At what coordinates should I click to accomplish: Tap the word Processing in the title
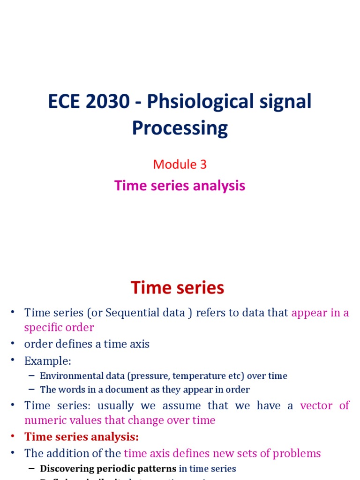click(x=180, y=127)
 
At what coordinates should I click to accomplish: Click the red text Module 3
click(x=180, y=165)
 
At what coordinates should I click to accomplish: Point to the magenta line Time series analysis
click(x=180, y=186)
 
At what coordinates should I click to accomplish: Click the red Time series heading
click(x=177, y=287)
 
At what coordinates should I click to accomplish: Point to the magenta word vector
click(x=315, y=405)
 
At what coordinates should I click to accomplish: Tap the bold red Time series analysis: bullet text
click(x=82, y=437)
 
